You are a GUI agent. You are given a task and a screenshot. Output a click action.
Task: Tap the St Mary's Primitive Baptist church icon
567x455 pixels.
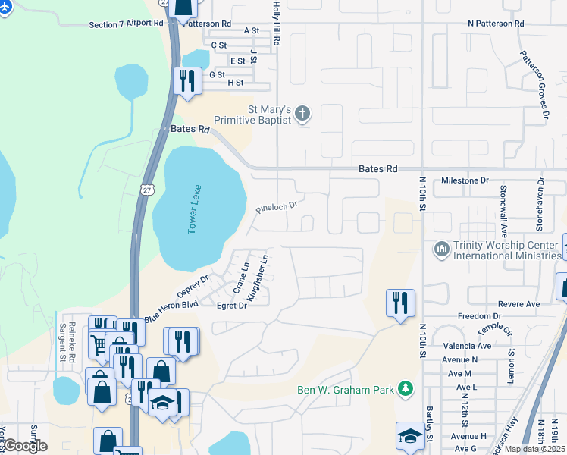302,114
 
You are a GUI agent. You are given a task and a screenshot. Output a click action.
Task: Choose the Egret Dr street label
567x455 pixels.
232,306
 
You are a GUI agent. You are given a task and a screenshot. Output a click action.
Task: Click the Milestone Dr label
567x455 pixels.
465,180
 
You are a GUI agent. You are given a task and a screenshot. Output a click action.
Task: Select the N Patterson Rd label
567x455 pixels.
496,24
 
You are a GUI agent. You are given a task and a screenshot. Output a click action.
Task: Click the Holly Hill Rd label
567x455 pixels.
277,23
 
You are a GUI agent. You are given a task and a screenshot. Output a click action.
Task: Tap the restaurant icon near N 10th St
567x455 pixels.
399,303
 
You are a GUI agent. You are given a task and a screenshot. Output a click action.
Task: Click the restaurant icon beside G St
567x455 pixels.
186,80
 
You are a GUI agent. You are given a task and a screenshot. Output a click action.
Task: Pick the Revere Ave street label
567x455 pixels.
519,304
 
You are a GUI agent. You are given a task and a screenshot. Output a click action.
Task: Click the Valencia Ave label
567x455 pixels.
468,346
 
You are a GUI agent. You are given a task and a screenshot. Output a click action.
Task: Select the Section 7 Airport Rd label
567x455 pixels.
126,24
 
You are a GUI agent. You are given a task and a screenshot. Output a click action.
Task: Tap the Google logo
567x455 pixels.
25,445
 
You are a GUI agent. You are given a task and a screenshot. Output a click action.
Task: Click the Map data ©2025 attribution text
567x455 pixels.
534,449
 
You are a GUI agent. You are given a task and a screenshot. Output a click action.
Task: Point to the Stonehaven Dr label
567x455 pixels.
540,204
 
